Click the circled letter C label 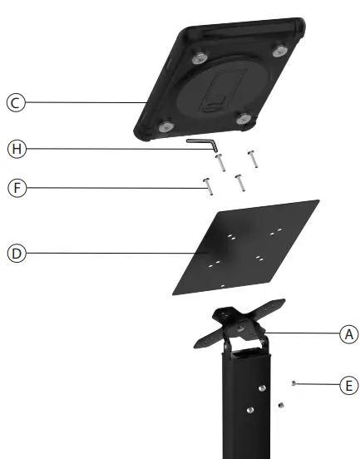pos(14,103)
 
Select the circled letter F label pos(14,189)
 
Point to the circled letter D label pos(14,252)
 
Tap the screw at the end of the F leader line pos(207,185)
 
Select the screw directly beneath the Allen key pos(222,163)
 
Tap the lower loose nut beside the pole pos(281,404)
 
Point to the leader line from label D pos(108,252)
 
